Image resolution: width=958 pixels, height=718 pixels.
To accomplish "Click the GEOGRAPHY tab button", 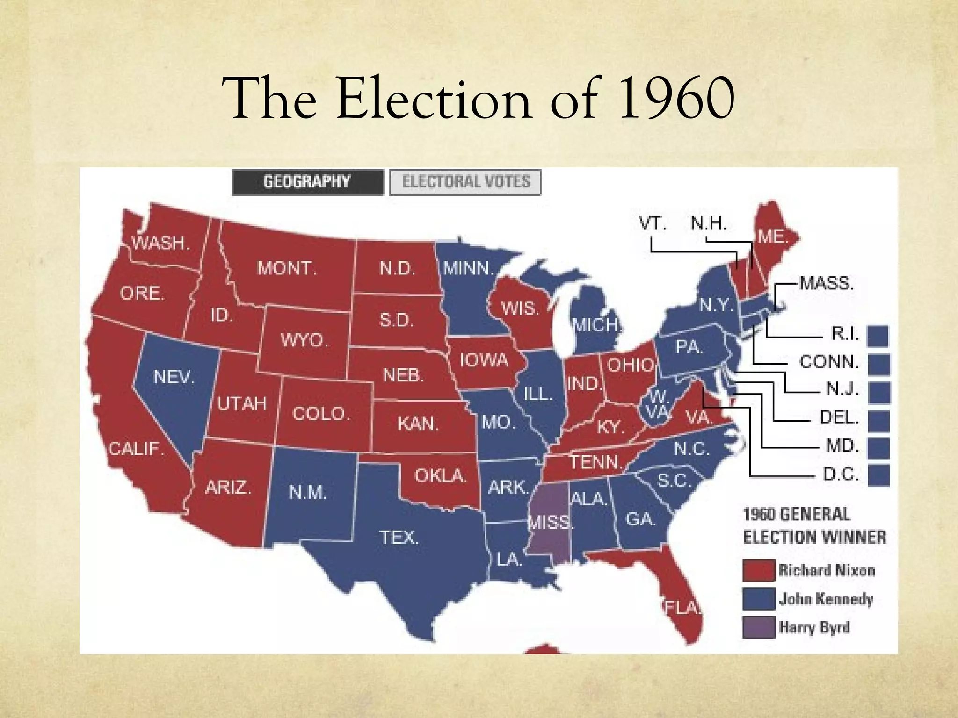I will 307,182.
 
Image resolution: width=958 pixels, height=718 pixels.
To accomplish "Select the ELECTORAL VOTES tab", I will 465,182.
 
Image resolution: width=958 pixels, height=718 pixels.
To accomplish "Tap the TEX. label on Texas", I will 399,537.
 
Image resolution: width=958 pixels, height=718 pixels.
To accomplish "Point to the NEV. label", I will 174,377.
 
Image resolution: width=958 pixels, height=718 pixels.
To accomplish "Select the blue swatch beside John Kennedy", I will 758,599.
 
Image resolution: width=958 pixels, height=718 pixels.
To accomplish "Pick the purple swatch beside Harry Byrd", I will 758,627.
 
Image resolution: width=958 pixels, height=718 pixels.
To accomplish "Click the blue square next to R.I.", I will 878,336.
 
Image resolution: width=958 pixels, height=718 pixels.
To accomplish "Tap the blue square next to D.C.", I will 878,475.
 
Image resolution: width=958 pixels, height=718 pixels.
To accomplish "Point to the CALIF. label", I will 137,449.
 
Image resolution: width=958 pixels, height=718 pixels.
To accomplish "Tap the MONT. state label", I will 287,268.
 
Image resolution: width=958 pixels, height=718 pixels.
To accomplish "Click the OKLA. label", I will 441,476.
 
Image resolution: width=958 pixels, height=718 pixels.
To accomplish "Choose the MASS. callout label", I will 827,283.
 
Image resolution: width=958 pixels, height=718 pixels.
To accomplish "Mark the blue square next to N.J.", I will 878,392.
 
